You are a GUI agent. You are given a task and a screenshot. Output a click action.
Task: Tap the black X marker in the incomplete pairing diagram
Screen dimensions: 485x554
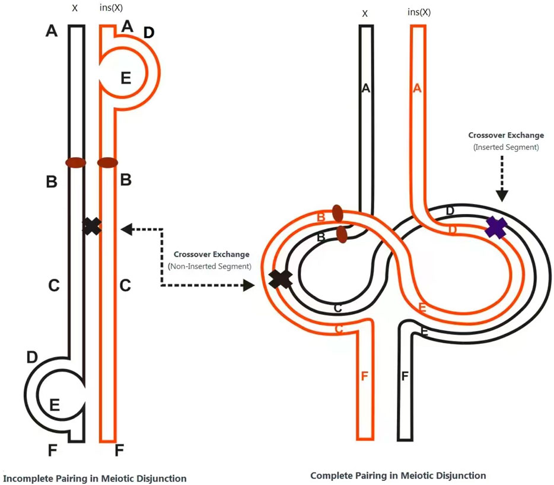[x=91, y=226]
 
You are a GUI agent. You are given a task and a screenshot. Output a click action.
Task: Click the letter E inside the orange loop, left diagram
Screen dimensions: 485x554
[x=125, y=78]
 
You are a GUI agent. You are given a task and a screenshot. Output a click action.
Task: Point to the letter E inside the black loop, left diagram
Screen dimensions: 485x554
[x=55, y=405]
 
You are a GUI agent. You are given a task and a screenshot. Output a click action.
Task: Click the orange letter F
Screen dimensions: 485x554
[x=365, y=375]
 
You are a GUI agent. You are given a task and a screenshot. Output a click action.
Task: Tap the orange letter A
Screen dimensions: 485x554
[x=417, y=88]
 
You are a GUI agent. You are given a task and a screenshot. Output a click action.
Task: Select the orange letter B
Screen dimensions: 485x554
[x=321, y=218]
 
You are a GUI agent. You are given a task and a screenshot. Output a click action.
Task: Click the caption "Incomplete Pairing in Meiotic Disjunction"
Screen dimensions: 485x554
[x=95, y=478]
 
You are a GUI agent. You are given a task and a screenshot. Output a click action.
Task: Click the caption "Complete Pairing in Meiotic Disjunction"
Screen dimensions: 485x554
[x=398, y=476]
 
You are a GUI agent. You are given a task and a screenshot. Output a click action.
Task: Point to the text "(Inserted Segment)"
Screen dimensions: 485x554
[x=506, y=146]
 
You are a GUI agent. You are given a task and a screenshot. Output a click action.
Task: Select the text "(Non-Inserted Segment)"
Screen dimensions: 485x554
[x=209, y=266]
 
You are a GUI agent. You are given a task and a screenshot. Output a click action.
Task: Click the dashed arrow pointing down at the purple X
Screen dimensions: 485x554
[x=502, y=178]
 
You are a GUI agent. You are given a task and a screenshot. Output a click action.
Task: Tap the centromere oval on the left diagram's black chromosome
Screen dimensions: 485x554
[x=76, y=162]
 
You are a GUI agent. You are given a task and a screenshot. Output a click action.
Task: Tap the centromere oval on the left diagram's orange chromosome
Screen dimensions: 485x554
[x=107, y=162]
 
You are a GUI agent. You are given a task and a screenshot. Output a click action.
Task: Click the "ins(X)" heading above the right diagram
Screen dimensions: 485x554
[x=419, y=12]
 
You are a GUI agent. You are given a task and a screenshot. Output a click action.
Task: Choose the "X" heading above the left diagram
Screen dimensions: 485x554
[x=75, y=9]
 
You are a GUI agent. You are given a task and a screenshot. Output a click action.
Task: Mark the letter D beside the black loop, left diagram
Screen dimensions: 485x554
[x=33, y=357]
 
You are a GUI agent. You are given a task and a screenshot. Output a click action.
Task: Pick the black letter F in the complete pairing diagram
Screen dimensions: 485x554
[x=405, y=376]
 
